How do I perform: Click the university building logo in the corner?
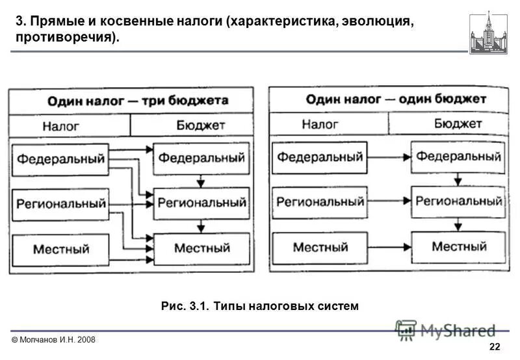click(x=489, y=32)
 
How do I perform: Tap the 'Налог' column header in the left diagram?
click(x=70, y=125)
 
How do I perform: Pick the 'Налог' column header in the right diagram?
click(x=329, y=124)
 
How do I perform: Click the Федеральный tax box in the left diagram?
click(x=60, y=159)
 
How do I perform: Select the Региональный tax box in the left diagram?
click(x=60, y=204)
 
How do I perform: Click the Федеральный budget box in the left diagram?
click(x=201, y=158)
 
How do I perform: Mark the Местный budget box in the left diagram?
click(x=201, y=248)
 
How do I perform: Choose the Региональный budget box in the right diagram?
click(x=459, y=201)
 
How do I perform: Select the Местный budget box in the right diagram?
click(x=459, y=247)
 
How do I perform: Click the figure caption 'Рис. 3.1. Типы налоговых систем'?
click(x=259, y=305)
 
